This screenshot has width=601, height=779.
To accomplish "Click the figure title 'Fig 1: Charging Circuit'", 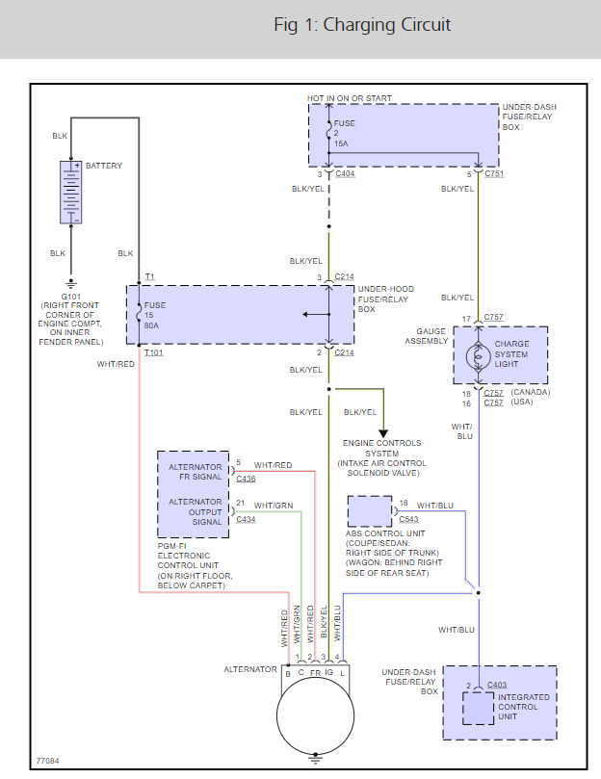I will pos(362,25).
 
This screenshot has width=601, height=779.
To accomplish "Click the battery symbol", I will pos(71,193).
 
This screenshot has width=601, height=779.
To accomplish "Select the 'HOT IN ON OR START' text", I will pos(350,98).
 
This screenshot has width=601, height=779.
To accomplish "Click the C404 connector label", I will pos(345,174).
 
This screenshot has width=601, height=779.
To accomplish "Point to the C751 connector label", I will pos(494,174).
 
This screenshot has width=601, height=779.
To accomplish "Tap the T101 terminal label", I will pos(153,353).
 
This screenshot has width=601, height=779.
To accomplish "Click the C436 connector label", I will pos(246,479).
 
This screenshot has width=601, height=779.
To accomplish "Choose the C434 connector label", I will pos(246,519).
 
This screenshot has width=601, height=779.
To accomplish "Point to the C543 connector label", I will pos(408,519).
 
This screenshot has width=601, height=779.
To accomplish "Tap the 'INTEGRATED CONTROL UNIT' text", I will pos(524,707).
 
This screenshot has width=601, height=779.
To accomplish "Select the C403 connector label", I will pos(498,685).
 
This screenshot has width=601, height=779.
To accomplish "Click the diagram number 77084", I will pos(48,761).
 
